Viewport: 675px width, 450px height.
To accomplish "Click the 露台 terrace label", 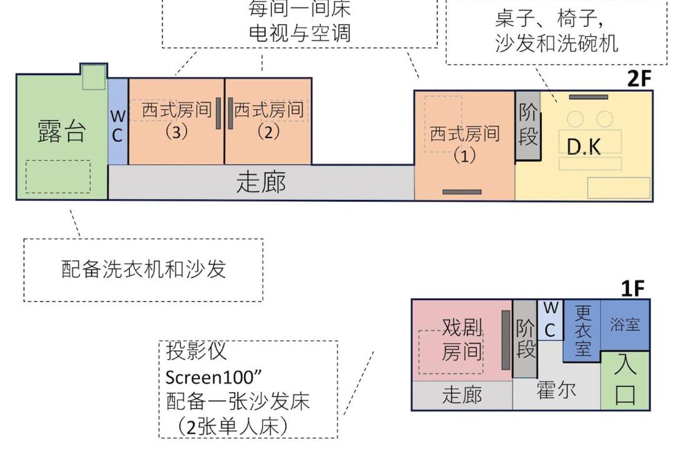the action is tap(61, 131).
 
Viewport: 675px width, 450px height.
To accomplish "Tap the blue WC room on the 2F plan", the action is tap(117, 121).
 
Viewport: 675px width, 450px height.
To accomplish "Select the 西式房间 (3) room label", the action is tap(176, 120).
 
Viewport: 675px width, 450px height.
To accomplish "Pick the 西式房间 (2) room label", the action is tap(269, 120).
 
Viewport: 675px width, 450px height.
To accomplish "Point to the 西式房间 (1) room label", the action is tap(464, 144).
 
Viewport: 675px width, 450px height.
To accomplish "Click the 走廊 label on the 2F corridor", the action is tap(261, 182).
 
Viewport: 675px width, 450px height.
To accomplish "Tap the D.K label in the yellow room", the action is tap(584, 147).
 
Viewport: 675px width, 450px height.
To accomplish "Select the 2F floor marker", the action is tap(639, 78).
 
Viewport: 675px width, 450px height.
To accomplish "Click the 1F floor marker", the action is tap(632, 288).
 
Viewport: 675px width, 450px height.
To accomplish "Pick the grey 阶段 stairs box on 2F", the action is tap(527, 125).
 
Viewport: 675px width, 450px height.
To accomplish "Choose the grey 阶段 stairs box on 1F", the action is tap(525, 339).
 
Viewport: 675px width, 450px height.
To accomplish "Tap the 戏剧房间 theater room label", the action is tap(462, 340).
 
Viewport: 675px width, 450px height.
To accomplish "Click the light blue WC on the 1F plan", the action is tap(551, 320).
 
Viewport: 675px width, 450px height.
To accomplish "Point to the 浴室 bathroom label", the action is tap(624, 324).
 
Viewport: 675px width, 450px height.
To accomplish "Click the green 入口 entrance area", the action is tap(625, 380).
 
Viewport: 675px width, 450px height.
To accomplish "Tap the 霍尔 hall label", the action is tap(556, 390).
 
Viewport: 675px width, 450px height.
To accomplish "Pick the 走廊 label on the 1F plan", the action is tap(462, 394).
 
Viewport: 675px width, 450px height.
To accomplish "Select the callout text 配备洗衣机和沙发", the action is tap(144, 269).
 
